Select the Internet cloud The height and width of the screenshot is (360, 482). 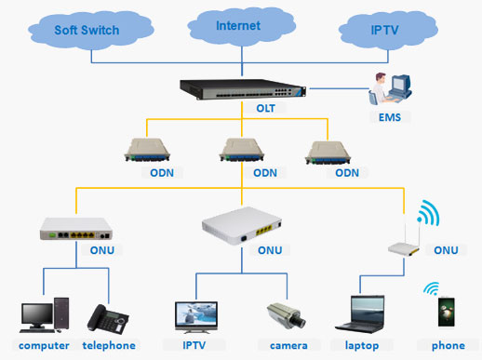[238, 26]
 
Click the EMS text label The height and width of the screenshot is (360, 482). [389, 118]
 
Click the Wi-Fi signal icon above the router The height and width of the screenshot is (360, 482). [426, 213]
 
